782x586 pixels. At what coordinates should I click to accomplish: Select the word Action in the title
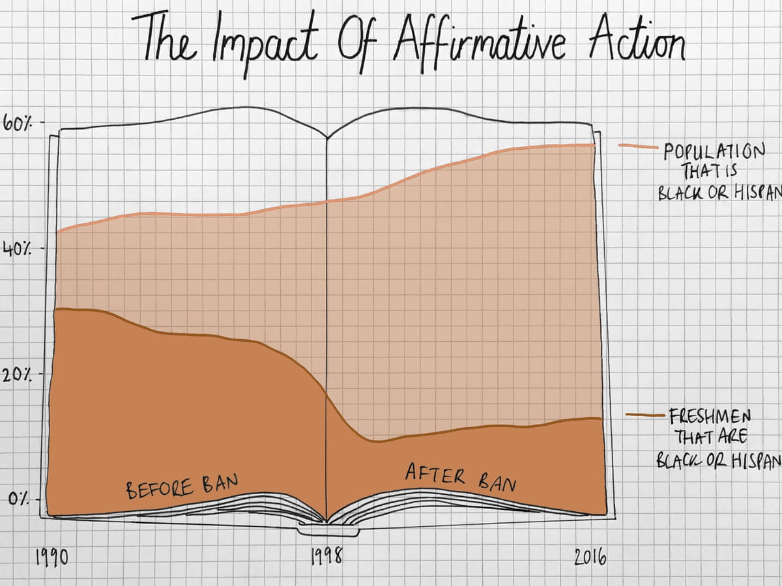[636, 40]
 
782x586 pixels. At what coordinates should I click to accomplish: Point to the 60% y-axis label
[18, 123]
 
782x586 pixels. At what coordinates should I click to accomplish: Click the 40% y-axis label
[18, 249]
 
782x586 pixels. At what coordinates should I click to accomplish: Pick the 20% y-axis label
[18, 376]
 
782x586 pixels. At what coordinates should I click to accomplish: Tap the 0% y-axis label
[20, 500]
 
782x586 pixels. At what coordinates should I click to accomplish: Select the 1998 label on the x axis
[326, 558]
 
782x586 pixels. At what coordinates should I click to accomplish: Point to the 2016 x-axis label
[590, 558]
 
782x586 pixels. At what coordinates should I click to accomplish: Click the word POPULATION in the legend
[714, 152]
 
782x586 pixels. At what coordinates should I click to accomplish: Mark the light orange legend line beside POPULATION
[638, 146]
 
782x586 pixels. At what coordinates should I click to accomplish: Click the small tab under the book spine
[327, 531]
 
